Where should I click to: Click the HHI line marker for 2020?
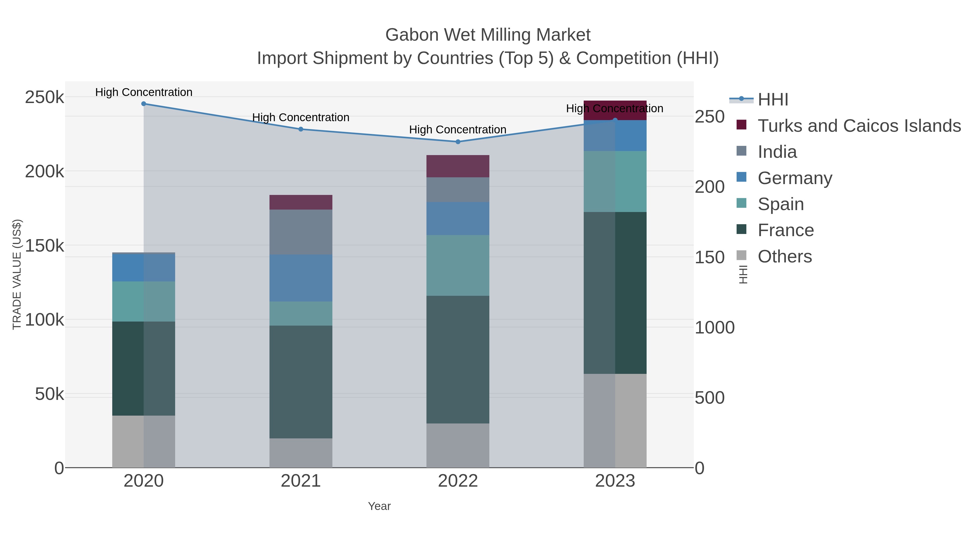(144, 104)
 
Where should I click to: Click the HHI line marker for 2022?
(458, 142)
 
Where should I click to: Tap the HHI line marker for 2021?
(301, 129)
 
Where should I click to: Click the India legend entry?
(777, 152)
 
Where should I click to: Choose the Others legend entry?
(784, 256)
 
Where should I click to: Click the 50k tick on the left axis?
(49, 394)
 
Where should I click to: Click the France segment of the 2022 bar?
(458, 359)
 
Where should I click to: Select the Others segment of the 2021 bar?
(301, 453)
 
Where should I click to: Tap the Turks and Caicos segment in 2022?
(458, 166)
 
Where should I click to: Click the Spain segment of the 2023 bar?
(615, 181)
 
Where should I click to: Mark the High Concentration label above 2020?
(144, 92)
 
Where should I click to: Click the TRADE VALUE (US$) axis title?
(17, 274)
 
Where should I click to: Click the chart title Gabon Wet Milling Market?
(488, 35)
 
